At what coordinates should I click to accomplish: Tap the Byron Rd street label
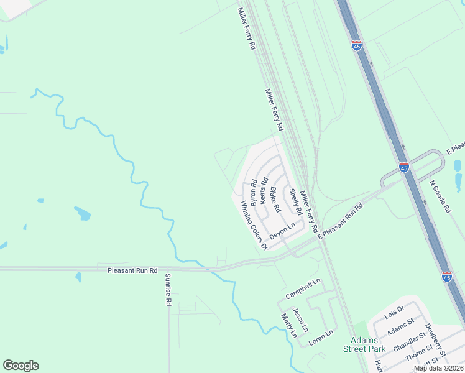click(x=254, y=192)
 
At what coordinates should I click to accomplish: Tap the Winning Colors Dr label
click(x=252, y=226)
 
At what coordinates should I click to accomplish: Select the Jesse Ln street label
click(x=300, y=320)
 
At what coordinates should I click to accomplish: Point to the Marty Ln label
click(x=288, y=325)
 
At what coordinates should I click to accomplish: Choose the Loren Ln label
click(x=321, y=336)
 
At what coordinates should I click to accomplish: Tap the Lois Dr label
click(x=394, y=311)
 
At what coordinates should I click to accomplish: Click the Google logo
click(x=21, y=366)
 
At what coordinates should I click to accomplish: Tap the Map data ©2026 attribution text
click(x=438, y=368)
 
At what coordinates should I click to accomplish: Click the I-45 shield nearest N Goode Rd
click(x=404, y=167)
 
